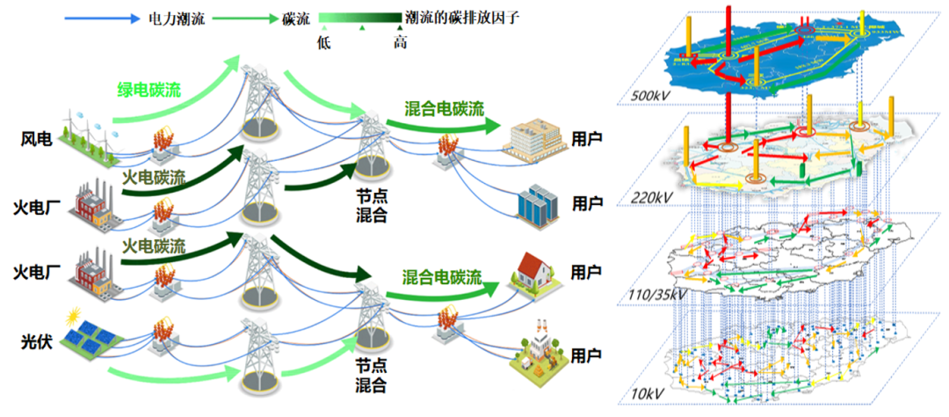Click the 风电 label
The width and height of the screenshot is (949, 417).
[x=36, y=139]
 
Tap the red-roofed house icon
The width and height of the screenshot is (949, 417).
[x=538, y=272]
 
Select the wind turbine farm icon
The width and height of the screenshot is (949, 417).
[x=88, y=136]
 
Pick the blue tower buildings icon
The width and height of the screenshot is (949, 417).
[x=534, y=205]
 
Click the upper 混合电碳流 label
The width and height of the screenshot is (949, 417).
[x=445, y=109]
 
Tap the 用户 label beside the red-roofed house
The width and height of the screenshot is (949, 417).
[x=587, y=270]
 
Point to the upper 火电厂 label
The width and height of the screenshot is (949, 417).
[x=36, y=208]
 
